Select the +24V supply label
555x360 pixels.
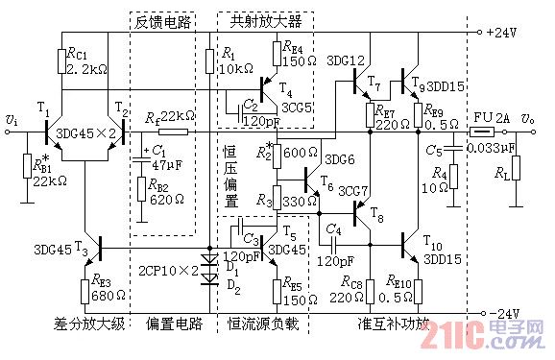click(x=502, y=31)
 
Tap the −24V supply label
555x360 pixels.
click(x=502, y=315)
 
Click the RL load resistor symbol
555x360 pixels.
click(x=516, y=167)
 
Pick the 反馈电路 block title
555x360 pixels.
click(x=162, y=21)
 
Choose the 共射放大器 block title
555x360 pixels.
click(x=266, y=19)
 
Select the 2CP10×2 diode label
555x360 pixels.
click(x=168, y=270)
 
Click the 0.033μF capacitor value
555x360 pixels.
click(x=492, y=150)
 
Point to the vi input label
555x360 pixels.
click(x=11, y=119)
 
